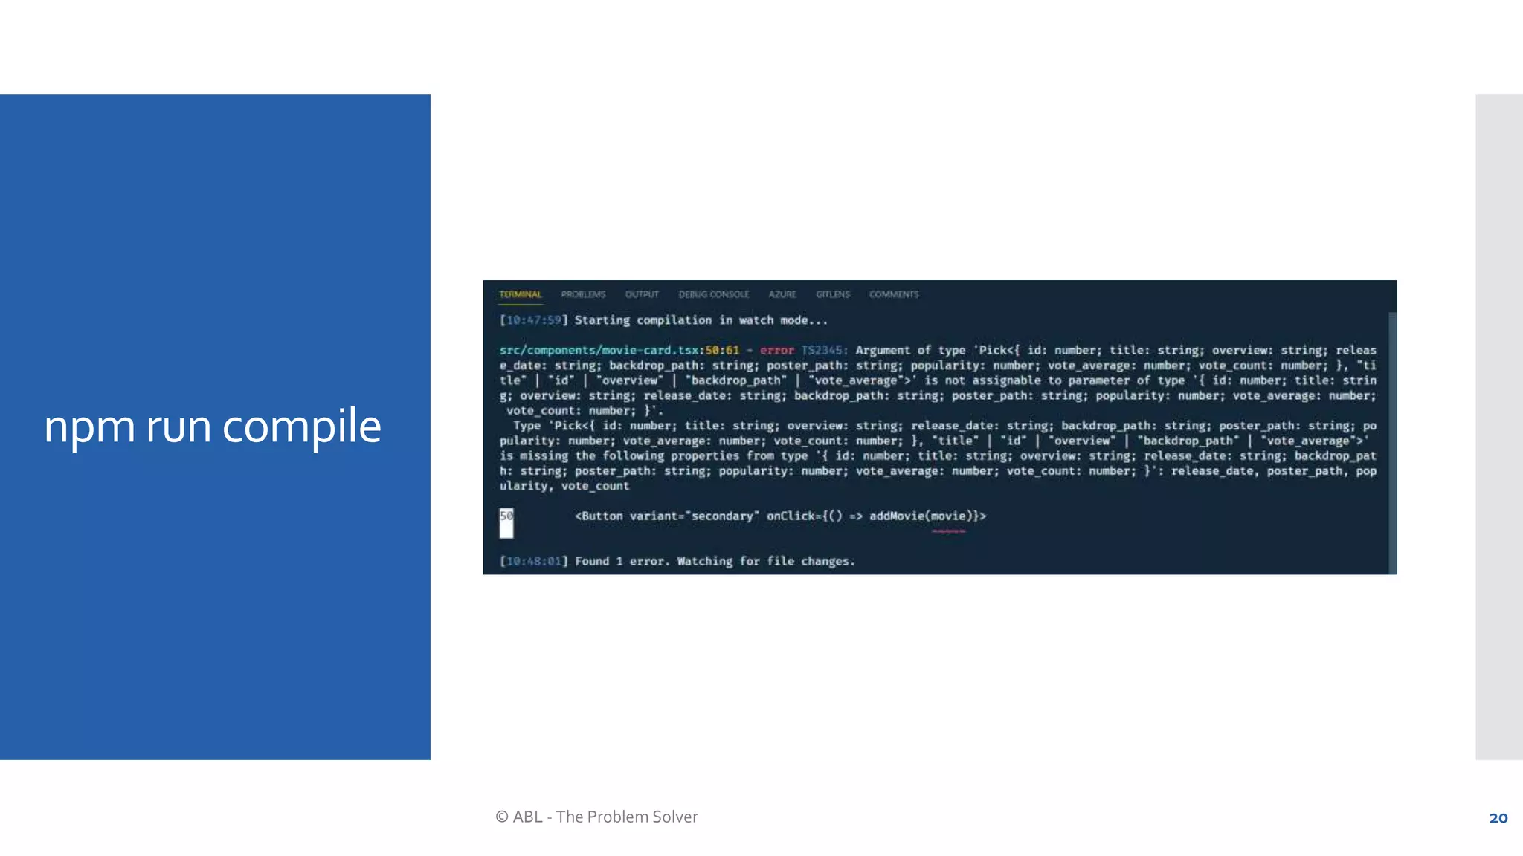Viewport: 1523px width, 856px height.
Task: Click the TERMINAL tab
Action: click(520, 294)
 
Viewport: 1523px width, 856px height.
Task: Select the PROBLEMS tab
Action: click(583, 294)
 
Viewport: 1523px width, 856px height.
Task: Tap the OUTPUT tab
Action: click(642, 294)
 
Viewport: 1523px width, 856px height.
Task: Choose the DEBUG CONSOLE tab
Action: click(713, 294)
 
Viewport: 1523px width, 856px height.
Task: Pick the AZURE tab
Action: click(782, 294)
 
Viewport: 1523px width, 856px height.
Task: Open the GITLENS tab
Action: click(832, 294)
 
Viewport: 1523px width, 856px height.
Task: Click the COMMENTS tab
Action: click(894, 294)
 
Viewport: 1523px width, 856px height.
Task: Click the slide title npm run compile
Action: click(213, 427)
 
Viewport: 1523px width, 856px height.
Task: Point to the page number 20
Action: click(1498, 818)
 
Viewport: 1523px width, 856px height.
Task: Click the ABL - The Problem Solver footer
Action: click(596, 817)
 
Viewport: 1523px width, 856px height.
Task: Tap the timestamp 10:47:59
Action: click(533, 320)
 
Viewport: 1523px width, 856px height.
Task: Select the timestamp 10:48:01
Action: click(533, 561)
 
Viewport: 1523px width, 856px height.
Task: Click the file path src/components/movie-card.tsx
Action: click(599, 350)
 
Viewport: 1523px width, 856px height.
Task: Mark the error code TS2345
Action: click(822, 350)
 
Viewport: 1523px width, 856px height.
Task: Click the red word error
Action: click(776, 350)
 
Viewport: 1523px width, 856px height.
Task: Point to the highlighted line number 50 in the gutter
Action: click(506, 516)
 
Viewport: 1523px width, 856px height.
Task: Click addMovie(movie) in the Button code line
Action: click(918, 516)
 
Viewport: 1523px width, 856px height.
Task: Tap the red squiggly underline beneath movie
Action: click(948, 531)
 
